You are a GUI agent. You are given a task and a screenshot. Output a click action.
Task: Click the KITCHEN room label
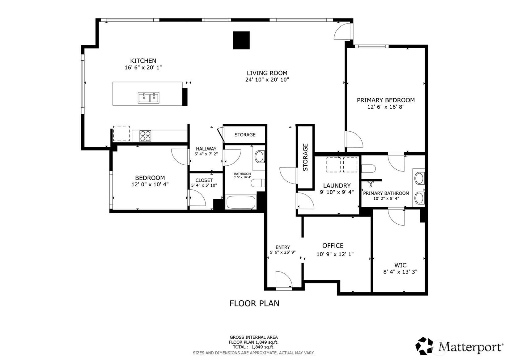point(143,61)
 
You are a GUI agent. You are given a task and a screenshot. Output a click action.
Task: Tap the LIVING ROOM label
point(267,73)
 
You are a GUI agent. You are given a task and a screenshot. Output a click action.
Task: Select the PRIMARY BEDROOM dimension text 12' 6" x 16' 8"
point(386,107)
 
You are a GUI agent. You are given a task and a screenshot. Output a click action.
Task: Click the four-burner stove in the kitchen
point(145,136)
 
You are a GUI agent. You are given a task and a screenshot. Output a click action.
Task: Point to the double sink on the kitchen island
point(149,98)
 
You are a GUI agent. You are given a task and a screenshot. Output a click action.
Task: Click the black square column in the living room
point(241,40)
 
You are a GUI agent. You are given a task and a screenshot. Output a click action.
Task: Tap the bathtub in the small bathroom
point(241,202)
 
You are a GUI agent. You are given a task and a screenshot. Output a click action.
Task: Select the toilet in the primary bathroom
point(368,169)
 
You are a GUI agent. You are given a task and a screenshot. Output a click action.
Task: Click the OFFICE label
point(333,245)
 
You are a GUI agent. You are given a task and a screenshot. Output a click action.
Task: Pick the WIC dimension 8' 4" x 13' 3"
point(400,272)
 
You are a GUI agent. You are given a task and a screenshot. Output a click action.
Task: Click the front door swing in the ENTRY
point(284,279)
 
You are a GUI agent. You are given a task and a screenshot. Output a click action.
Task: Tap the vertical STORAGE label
point(305,157)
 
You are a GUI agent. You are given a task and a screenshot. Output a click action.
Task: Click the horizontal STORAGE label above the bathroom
point(245,135)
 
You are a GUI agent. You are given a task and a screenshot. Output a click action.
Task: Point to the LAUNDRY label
point(337,185)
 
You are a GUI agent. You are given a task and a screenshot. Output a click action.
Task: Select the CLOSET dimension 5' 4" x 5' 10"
point(204,185)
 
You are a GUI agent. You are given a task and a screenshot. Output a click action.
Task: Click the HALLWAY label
point(206,149)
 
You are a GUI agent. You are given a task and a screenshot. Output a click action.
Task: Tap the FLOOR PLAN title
point(254,303)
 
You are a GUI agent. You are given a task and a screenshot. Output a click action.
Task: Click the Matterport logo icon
point(424,346)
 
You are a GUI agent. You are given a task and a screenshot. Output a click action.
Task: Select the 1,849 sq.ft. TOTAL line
point(253,347)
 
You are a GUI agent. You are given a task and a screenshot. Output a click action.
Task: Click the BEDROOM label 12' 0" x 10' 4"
point(150,181)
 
